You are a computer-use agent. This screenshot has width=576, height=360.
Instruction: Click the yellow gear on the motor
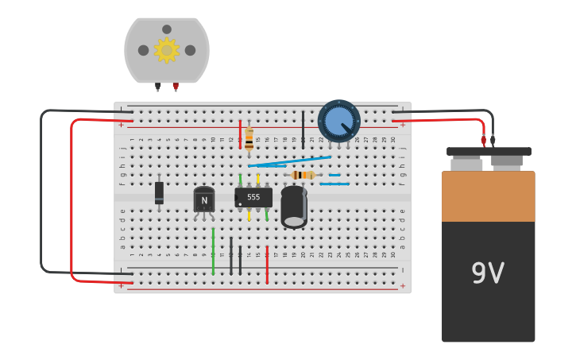click(166, 50)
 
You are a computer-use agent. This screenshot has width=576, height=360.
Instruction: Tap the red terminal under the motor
click(176, 87)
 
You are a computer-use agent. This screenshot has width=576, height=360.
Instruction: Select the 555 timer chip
click(253, 197)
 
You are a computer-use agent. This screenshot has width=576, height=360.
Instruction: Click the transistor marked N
click(204, 199)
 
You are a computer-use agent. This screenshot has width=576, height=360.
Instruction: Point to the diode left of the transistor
click(159, 193)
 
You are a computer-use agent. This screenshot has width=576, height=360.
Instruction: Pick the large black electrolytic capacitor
click(294, 207)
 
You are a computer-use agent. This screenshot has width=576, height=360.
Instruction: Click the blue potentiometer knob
click(339, 121)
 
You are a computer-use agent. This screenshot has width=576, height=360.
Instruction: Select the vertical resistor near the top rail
click(249, 139)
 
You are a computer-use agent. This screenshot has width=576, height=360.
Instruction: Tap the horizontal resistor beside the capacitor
click(303, 175)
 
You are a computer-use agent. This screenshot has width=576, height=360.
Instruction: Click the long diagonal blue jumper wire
click(291, 162)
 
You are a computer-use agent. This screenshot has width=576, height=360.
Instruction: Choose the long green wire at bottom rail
click(213, 251)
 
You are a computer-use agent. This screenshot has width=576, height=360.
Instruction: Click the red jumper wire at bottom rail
click(267, 264)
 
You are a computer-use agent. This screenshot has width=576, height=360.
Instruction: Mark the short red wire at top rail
click(240, 134)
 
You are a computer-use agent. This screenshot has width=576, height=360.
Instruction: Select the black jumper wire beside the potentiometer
click(303, 129)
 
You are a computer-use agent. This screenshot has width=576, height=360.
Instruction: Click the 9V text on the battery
click(488, 273)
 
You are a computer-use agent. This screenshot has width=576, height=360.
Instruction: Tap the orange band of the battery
click(488, 197)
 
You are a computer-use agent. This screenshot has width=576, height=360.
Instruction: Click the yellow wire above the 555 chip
click(257, 179)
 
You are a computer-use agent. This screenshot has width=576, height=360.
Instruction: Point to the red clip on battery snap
click(483, 141)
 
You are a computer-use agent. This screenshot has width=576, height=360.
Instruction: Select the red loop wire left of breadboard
click(72, 199)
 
